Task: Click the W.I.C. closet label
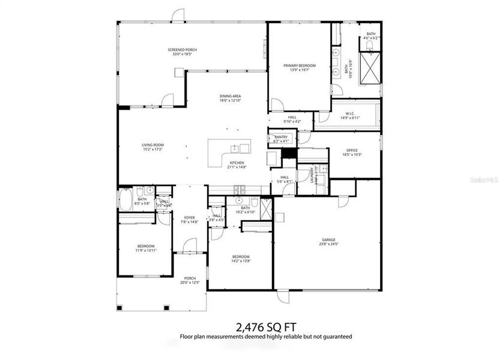352,115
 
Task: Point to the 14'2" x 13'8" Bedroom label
241,258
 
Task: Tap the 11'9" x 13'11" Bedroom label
145,248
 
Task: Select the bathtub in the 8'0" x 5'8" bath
127,199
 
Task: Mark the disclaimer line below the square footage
265,337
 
